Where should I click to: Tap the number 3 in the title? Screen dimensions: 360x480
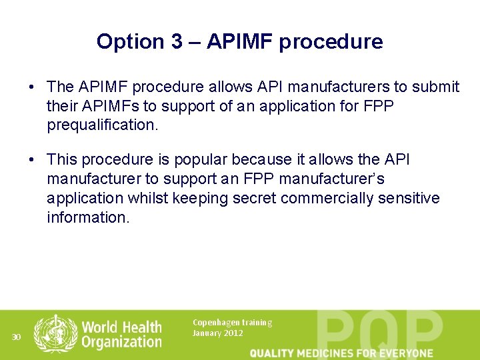coord(175,42)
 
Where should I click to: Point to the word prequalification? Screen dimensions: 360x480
coord(102,125)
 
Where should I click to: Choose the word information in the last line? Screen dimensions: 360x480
coord(88,217)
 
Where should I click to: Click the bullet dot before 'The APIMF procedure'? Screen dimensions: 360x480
coord(31,87)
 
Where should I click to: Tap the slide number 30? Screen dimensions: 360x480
coord(17,337)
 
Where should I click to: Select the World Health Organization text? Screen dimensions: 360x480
coord(122,335)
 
